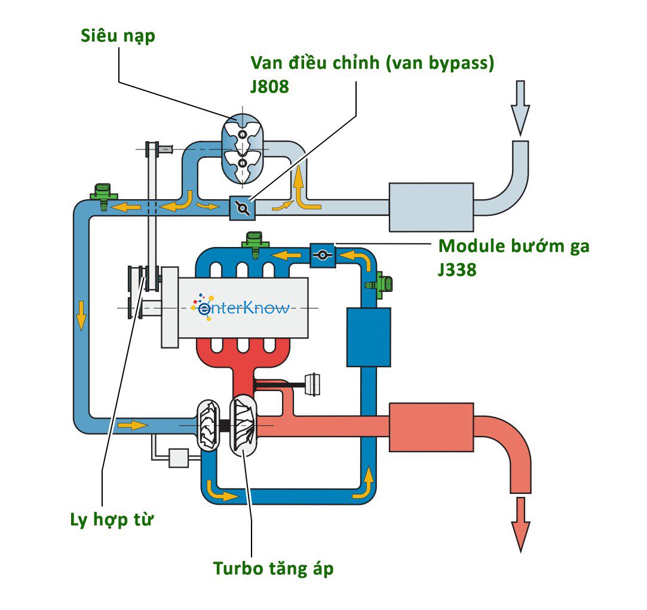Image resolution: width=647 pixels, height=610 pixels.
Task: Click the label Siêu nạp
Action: pyautogui.click(x=118, y=36)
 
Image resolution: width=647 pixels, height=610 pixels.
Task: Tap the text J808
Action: pyautogui.click(x=269, y=87)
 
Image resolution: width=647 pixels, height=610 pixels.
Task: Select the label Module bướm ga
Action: pyautogui.click(x=514, y=246)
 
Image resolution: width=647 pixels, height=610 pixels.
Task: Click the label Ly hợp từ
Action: pyautogui.click(x=112, y=519)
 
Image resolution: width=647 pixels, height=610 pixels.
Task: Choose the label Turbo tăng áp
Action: pyautogui.click(x=273, y=568)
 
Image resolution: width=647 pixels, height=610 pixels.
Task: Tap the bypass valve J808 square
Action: pyautogui.click(x=243, y=208)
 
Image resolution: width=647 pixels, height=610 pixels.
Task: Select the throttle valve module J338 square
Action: pyautogui.click(x=322, y=255)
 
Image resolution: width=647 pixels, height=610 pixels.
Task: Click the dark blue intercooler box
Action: pyautogui.click(x=369, y=337)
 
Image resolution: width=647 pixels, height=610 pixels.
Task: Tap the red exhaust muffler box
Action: pyautogui.click(x=431, y=426)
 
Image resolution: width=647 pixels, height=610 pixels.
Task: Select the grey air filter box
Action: pyautogui.click(x=431, y=206)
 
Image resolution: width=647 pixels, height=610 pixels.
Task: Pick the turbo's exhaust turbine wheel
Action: pyautogui.click(x=244, y=425)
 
